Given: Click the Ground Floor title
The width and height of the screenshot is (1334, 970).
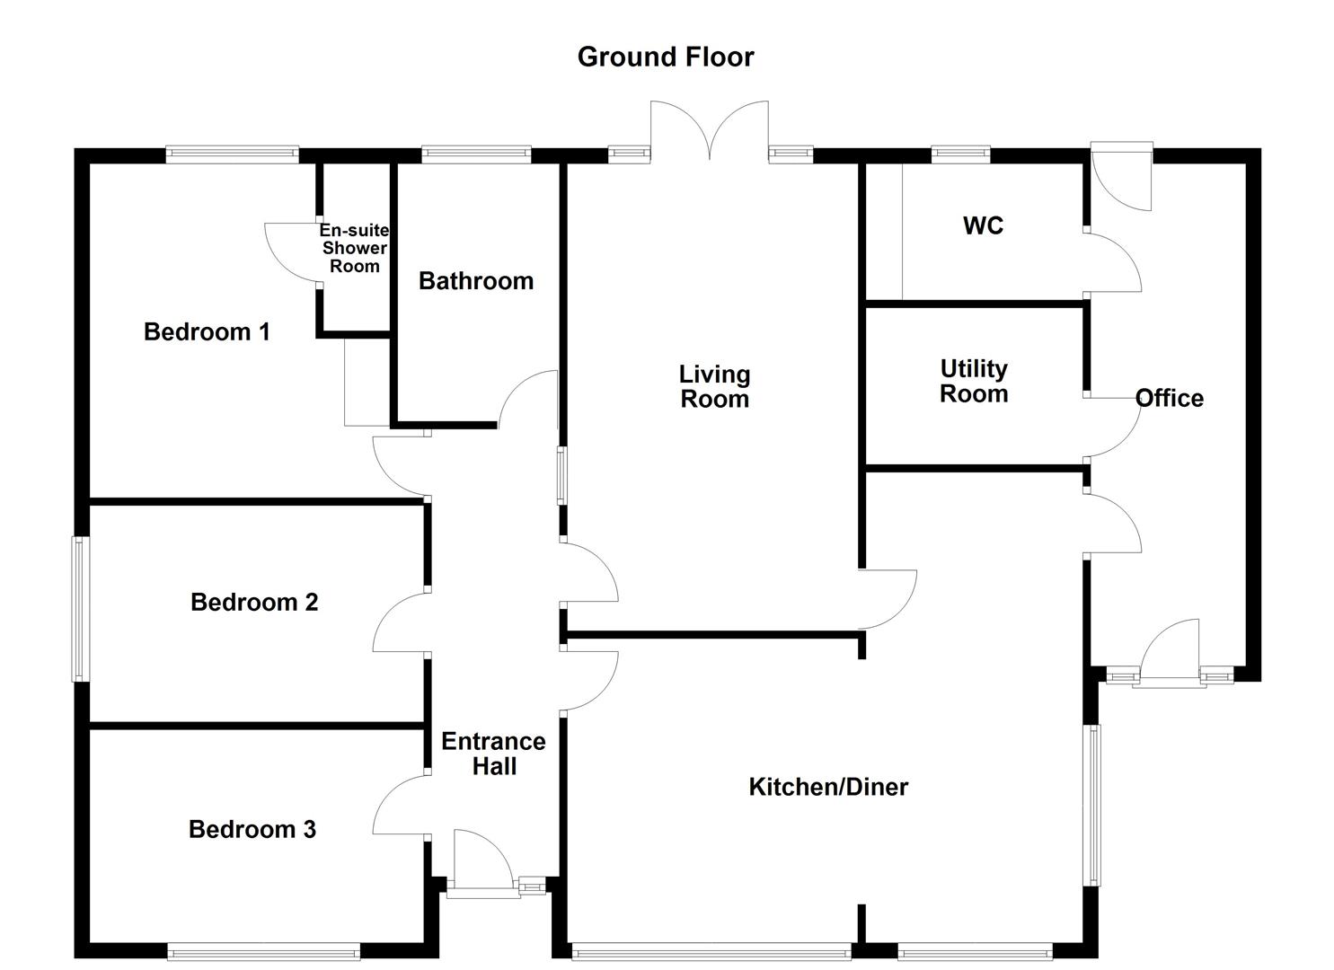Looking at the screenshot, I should [665, 57].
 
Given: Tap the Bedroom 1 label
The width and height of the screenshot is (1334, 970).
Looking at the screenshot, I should [207, 332].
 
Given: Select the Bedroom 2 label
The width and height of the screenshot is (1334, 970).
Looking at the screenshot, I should [254, 602].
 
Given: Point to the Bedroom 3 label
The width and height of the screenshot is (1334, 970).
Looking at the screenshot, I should [252, 829].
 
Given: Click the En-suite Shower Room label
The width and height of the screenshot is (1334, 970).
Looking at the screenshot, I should [355, 248].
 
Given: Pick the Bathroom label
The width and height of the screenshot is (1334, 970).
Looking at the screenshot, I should [476, 281].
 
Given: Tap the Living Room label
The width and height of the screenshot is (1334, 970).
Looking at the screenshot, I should [714, 387].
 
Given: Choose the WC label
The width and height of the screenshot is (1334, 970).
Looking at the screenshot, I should [983, 225].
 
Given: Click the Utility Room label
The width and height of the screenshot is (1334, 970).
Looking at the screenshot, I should [974, 382].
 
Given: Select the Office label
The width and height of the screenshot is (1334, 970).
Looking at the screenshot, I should [1169, 398].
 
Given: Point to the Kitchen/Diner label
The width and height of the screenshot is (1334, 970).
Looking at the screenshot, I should [828, 787].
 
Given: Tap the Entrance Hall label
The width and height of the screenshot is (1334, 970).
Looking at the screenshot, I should [493, 754].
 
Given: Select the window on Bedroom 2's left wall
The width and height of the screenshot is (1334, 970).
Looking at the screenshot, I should [81, 608].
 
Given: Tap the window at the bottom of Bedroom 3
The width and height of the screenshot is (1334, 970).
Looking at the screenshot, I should [263, 951].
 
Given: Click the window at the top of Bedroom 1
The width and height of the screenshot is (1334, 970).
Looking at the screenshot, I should [232, 154].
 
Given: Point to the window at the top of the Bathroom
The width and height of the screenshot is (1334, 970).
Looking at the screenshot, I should [476, 154].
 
